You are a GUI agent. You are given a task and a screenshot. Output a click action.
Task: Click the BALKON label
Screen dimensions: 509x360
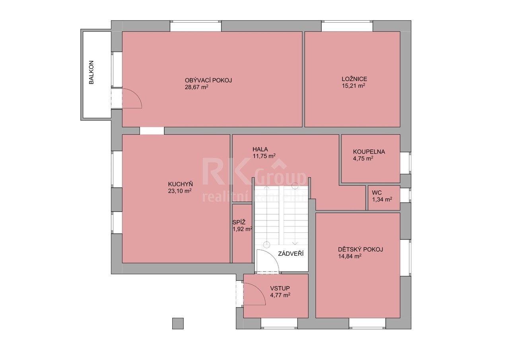(x=91, y=72)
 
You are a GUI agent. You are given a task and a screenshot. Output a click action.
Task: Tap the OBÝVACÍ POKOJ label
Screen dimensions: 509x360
(x=208, y=80)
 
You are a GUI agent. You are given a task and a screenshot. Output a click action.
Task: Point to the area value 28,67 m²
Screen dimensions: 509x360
(x=196, y=87)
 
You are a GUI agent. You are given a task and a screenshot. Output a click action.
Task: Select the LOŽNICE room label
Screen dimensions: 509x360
(x=354, y=79)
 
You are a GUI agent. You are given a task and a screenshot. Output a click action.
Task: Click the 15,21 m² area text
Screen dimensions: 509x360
(x=354, y=86)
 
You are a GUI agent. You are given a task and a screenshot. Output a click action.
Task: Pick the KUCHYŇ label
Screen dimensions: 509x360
(x=181, y=184)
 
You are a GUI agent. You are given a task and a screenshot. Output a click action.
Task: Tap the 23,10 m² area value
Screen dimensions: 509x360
(x=180, y=191)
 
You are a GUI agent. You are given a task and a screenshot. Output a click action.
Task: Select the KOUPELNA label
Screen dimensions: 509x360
(x=369, y=152)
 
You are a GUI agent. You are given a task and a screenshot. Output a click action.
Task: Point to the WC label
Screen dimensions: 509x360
(x=377, y=193)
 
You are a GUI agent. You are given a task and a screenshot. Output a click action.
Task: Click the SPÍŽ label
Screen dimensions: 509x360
(x=239, y=222)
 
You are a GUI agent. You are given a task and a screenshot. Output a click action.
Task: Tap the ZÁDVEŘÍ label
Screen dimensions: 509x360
(x=291, y=254)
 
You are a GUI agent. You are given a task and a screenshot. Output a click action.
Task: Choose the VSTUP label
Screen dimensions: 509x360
(x=280, y=288)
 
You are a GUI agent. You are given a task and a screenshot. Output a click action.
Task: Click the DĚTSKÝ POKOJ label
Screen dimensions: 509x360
(x=361, y=249)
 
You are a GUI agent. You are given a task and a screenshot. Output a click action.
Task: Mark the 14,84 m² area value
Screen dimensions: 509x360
(x=350, y=256)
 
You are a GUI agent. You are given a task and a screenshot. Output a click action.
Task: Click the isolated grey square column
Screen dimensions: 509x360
(x=178, y=323)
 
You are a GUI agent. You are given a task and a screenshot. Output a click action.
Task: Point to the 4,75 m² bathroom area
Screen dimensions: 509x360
(x=363, y=159)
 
